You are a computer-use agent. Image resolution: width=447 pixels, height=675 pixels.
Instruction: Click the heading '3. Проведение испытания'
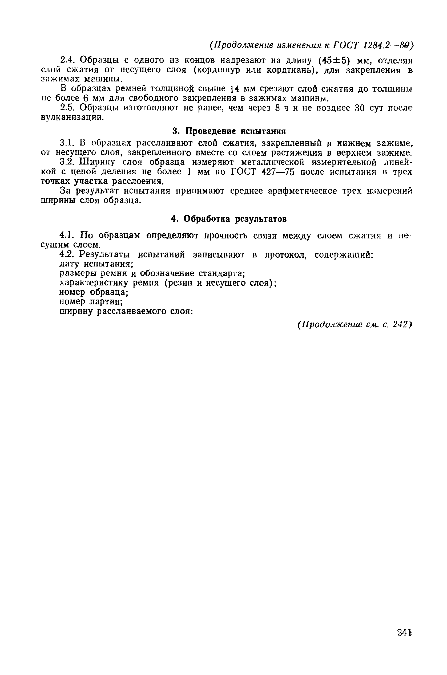tap(229, 131)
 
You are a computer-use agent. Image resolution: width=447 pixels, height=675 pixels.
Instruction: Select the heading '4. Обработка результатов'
tap(229, 219)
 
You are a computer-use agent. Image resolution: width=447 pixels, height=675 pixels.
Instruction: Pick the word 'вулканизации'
tap(71, 117)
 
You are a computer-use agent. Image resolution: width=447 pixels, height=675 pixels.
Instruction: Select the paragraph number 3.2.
tap(67, 162)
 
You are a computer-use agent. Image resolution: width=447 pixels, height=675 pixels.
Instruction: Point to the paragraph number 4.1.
tap(67, 235)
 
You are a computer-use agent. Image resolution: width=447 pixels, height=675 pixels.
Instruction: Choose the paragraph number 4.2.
tap(67, 254)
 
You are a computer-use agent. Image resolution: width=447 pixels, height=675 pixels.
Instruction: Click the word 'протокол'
tap(285, 255)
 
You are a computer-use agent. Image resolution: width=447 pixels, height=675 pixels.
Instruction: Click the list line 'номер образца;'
tap(94, 292)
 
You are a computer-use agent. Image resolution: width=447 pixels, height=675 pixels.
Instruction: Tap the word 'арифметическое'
tap(303, 191)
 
